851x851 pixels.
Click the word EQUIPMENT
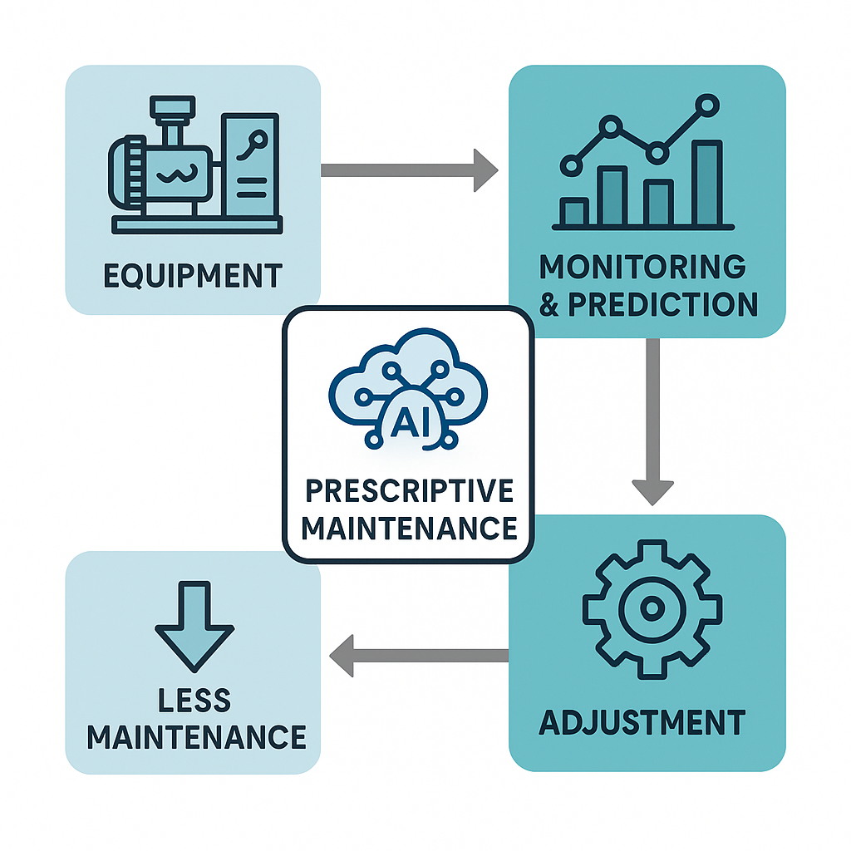(x=193, y=274)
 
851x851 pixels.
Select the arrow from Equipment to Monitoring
(x=407, y=170)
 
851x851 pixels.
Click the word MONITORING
(x=642, y=268)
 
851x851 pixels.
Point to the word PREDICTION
(x=662, y=304)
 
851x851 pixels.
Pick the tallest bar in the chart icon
(x=707, y=184)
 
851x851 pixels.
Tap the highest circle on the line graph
(x=707, y=105)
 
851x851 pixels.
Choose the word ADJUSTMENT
(x=642, y=721)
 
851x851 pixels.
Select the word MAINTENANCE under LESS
(x=196, y=736)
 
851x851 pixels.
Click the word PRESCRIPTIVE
(x=408, y=490)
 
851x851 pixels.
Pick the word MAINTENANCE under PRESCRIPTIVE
(x=409, y=527)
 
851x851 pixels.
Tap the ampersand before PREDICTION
(x=549, y=304)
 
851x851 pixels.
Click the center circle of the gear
(x=651, y=609)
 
